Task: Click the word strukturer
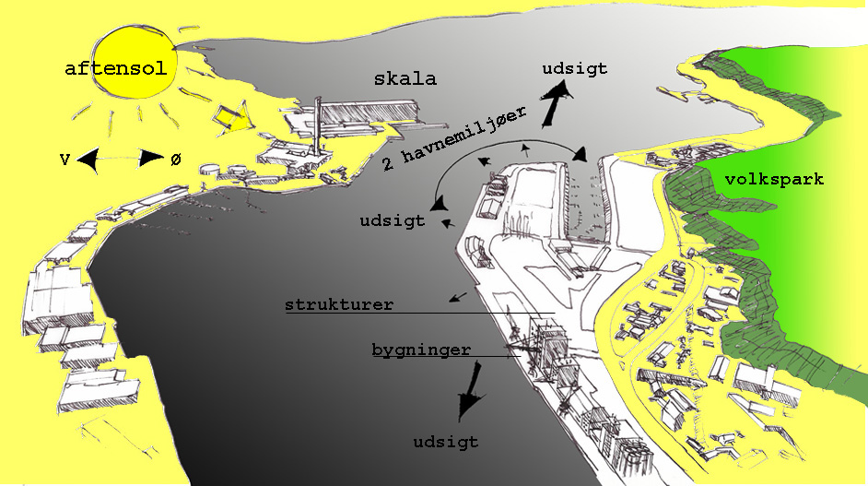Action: [338, 304]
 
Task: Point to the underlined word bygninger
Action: [422, 350]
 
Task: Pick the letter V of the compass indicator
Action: [65, 160]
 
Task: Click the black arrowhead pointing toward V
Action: [88, 161]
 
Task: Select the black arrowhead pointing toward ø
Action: [150, 160]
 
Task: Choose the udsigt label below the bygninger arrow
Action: [446, 442]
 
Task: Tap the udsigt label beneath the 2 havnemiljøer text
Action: [392, 220]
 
